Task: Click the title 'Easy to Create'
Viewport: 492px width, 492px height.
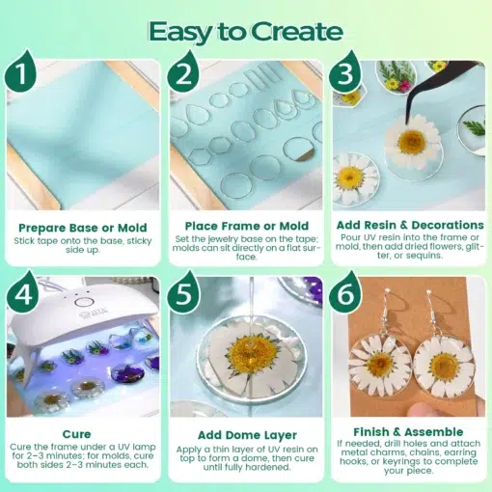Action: [x=245, y=31]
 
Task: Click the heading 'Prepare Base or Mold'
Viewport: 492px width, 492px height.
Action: [x=82, y=228]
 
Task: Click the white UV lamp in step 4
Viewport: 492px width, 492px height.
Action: [x=58, y=318]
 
